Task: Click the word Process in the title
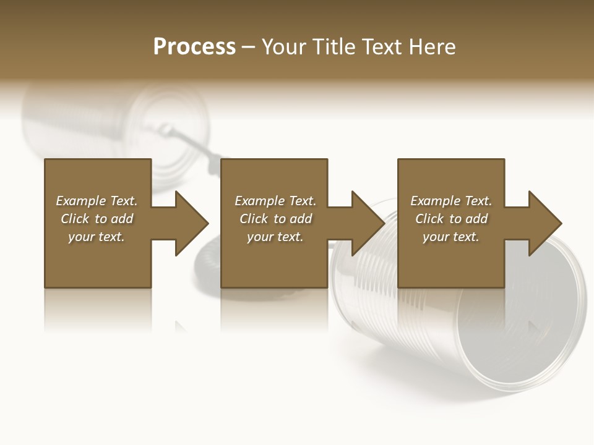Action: (x=194, y=47)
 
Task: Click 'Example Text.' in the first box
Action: (x=97, y=201)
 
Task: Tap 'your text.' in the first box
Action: (x=97, y=237)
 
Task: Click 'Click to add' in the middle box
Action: (x=275, y=219)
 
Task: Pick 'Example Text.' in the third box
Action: (x=451, y=201)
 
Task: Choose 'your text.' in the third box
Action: (x=451, y=237)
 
